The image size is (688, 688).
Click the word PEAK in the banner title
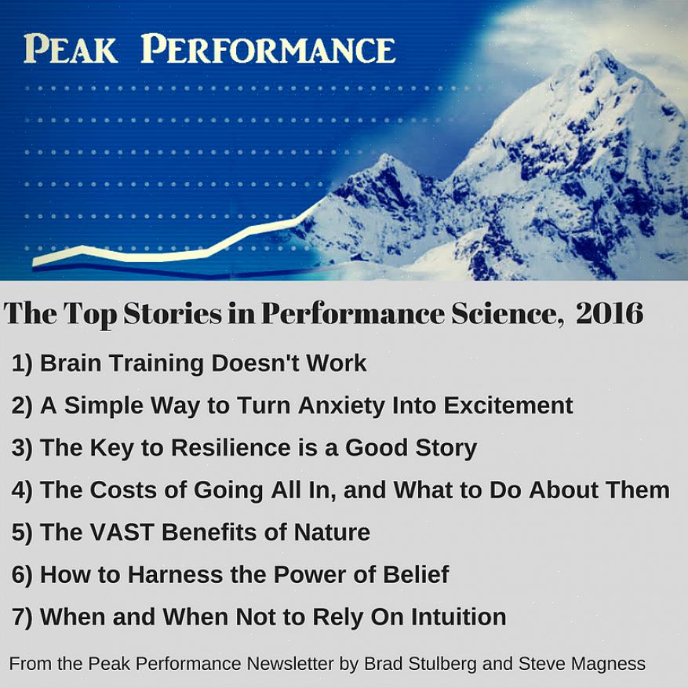click(70, 49)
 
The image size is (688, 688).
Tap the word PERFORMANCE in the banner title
click(268, 49)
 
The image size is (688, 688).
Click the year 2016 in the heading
click(610, 313)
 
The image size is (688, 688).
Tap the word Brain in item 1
click(71, 363)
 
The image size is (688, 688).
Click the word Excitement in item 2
click(508, 406)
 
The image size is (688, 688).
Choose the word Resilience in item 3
click(231, 447)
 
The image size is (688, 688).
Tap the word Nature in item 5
click(332, 532)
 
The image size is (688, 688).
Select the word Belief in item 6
click(416, 574)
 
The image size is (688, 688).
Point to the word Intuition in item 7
click(458, 617)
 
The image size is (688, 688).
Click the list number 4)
click(22, 490)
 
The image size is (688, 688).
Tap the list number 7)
click(22, 617)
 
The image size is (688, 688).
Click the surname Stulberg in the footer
click(442, 664)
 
